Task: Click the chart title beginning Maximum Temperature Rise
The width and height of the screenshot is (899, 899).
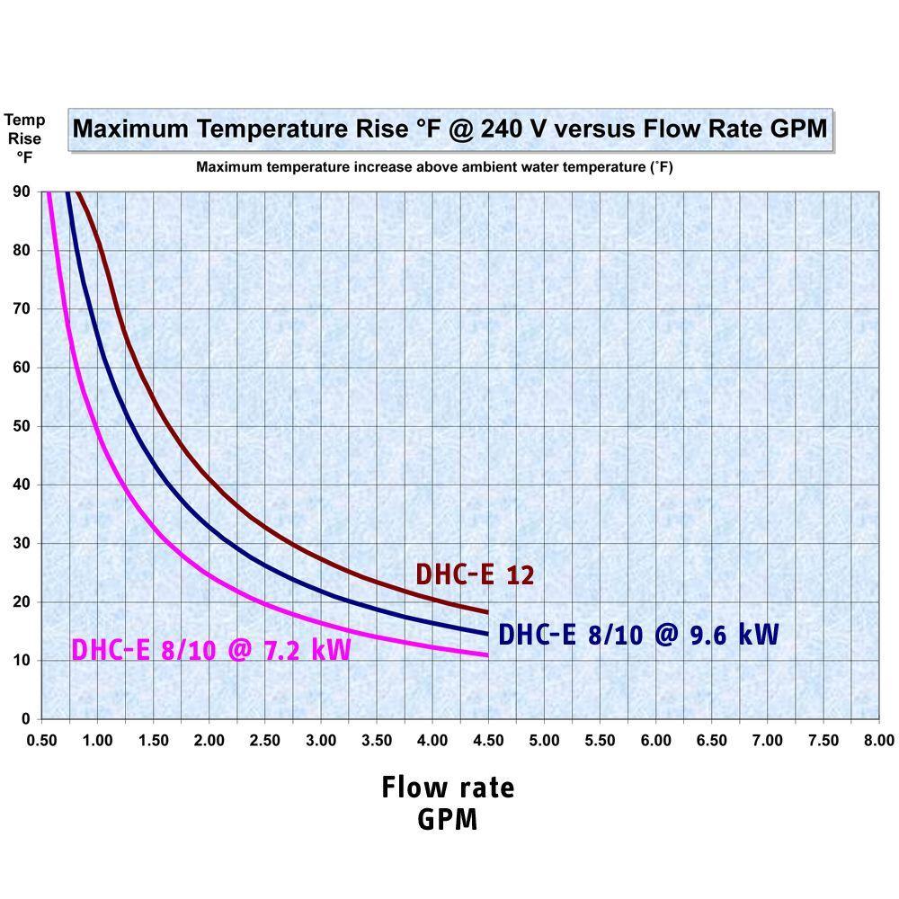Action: (x=449, y=129)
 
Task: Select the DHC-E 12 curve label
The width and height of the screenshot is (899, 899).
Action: (x=475, y=574)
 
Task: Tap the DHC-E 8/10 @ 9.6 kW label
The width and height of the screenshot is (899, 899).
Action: (x=637, y=634)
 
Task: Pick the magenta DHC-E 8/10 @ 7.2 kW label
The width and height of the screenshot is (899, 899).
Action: (x=210, y=649)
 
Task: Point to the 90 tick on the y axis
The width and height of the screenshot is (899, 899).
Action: (x=21, y=191)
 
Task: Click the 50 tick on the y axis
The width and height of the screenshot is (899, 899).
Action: (x=21, y=426)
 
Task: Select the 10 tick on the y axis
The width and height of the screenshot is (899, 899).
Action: (x=21, y=661)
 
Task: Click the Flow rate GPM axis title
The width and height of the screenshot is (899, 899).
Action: (x=448, y=803)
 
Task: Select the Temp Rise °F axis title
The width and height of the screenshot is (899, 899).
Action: (x=24, y=138)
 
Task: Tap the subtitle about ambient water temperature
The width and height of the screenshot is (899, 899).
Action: (x=435, y=167)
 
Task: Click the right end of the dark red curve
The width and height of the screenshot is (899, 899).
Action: (x=487, y=612)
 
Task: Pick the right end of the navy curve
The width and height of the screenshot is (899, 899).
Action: (x=487, y=634)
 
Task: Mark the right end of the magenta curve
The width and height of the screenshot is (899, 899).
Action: (x=487, y=654)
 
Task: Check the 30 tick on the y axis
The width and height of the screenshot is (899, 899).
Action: (x=21, y=543)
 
